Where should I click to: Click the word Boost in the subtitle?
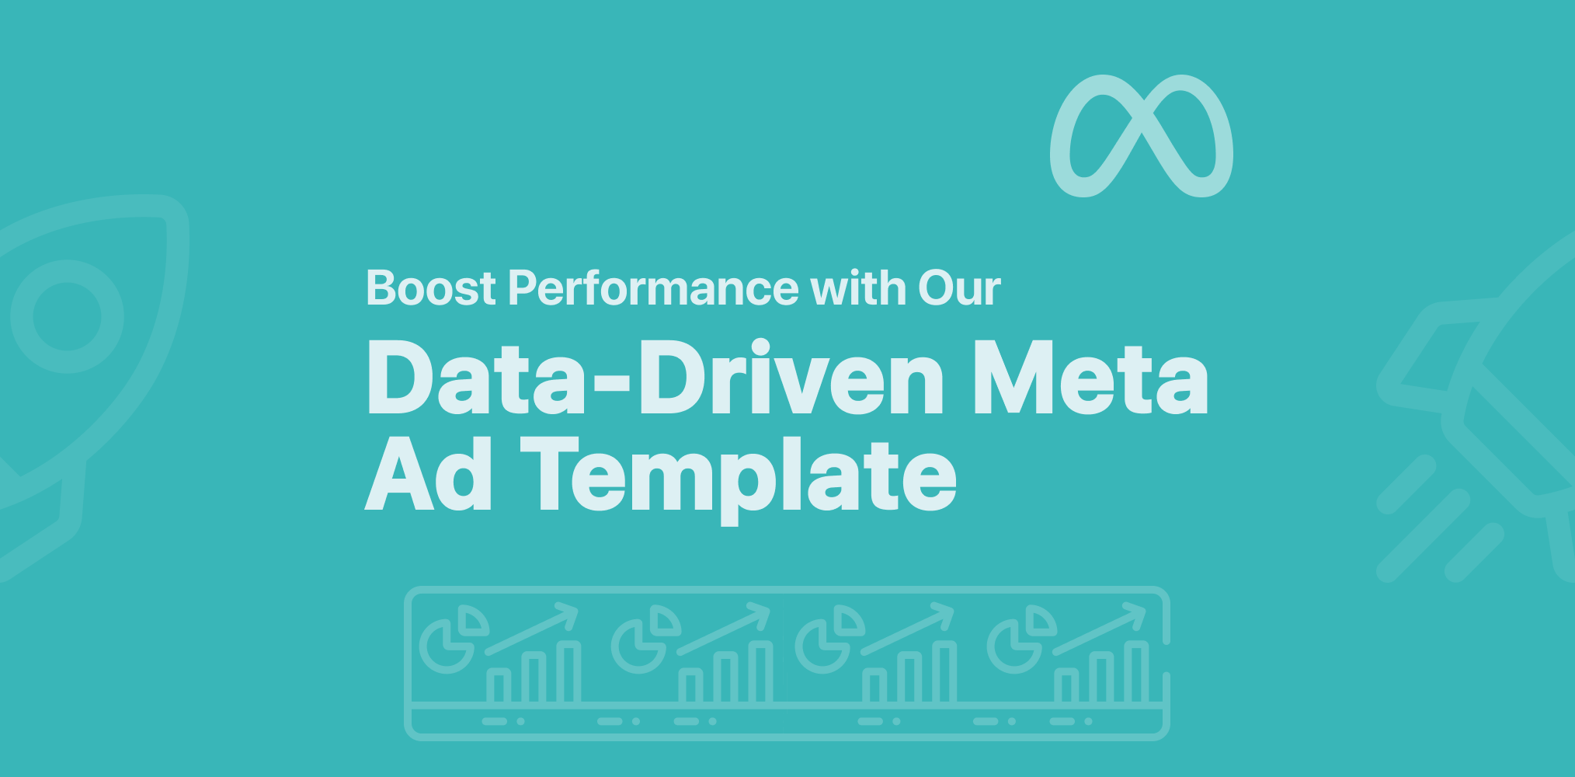[430, 288]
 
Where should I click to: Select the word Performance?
[653, 288]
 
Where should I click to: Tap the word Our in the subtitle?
[959, 288]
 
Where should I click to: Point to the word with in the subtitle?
[858, 288]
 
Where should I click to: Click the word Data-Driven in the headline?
[655, 378]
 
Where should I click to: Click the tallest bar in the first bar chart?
[568, 673]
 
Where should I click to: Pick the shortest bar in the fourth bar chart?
[1066, 686]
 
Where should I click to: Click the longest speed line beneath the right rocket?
[1424, 536]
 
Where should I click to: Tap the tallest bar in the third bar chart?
[944, 673]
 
